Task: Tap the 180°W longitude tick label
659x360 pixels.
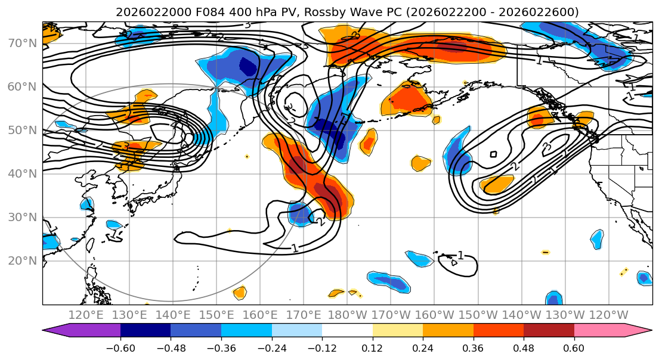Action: [x=346, y=315]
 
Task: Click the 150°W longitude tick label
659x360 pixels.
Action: [x=477, y=315]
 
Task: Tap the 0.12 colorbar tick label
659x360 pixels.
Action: [x=372, y=347]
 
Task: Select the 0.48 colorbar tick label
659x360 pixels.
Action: [x=524, y=347]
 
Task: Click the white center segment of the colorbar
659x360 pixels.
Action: [x=347, y=331]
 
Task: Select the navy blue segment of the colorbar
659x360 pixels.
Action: [x=145, y=331]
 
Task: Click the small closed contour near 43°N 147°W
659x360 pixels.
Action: [x=493, y=154]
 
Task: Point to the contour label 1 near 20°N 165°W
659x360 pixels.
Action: [x=460, y=256]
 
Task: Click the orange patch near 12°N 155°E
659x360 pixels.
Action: [x=240, y=293]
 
